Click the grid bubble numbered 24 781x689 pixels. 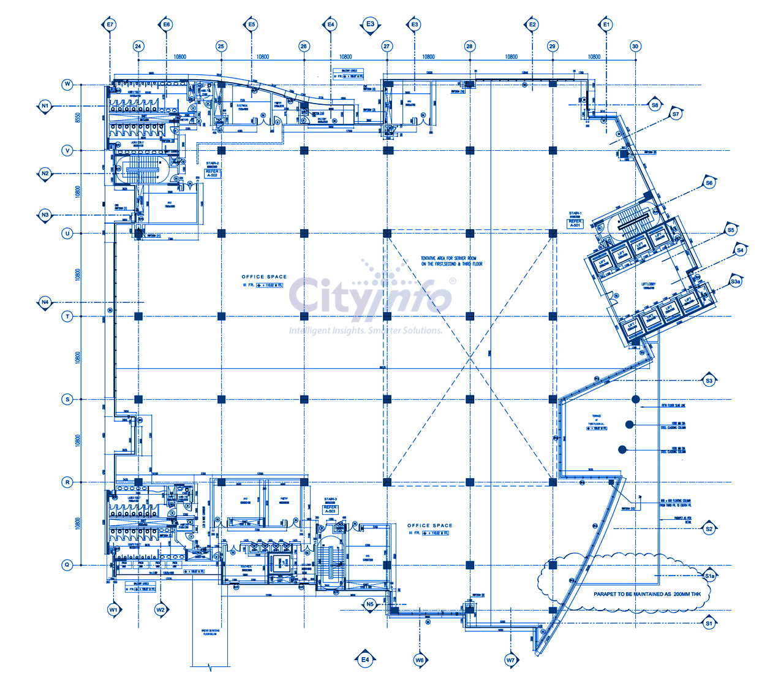click(138, 46)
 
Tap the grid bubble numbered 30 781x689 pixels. click(635, 46)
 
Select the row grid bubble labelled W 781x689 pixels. click(67, 85)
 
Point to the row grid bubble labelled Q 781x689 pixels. click(67, 565)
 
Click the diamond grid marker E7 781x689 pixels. click(110, 25)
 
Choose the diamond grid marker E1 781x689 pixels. click(606, 25)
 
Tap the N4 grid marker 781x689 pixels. click(45, 302)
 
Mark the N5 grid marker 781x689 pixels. click(369, 604)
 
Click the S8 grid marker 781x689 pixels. click(655, 105)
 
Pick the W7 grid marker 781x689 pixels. click(510, 660)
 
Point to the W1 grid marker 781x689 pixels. click(113, 610)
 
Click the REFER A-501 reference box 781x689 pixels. click(575, 223)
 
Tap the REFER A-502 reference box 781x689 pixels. click(212, 173)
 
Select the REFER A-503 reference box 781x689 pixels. click(330, 509)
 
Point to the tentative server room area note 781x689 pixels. click(451, 261)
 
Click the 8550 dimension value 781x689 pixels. click(78, 117)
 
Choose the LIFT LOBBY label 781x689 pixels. click(648, 284)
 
